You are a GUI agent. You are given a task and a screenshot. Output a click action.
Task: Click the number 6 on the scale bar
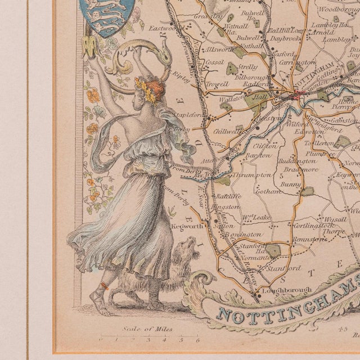[197, 340]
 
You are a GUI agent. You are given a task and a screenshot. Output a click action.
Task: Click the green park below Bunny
[307, 191]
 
